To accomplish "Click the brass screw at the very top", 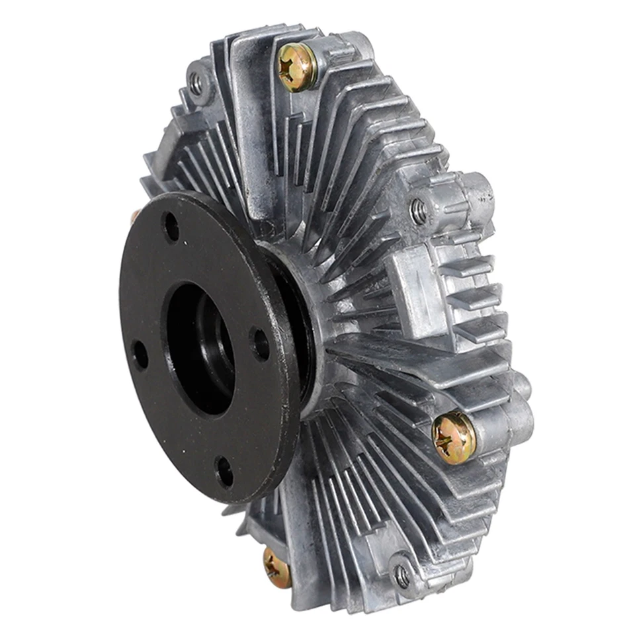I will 296,66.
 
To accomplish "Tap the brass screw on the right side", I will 454,437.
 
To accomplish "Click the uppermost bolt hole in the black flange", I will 171,228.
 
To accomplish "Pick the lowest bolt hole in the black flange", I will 225,471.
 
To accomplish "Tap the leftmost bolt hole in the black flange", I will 140,355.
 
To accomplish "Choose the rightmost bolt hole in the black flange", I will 260,343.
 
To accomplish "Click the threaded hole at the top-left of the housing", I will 195,84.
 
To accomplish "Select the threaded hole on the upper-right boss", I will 418,211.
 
